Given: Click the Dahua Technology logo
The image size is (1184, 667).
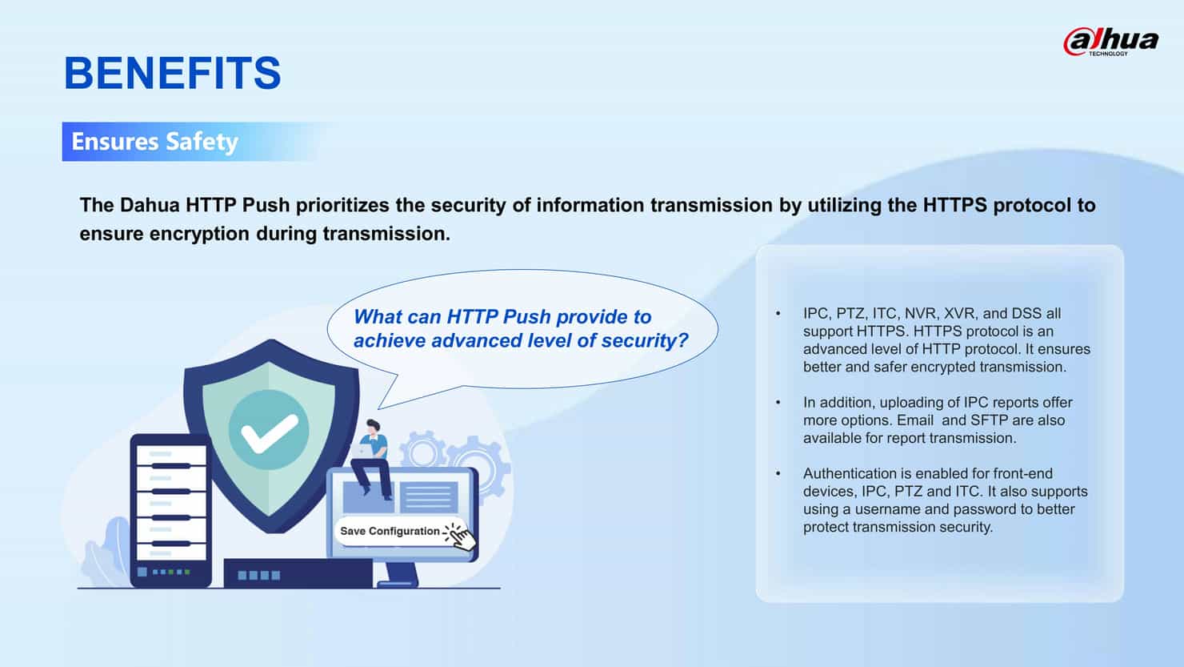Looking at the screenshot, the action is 1111,42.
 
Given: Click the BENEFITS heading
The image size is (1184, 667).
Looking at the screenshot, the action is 172,73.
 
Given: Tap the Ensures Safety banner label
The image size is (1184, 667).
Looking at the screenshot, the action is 155,141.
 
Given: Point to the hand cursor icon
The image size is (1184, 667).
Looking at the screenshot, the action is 460,536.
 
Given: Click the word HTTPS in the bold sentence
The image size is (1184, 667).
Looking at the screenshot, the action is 955,205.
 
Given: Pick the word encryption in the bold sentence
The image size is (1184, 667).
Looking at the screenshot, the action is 199,235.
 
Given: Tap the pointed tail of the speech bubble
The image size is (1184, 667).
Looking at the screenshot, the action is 379,408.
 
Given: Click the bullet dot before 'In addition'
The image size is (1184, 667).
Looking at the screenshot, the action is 778,403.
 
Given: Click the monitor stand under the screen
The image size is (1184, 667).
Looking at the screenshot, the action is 400,574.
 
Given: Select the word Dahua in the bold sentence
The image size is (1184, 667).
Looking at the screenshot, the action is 150,205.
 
